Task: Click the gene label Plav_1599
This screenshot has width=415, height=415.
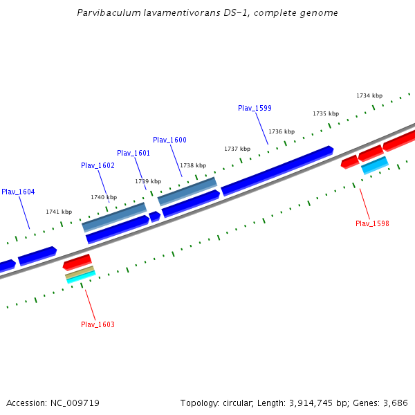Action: [x=255, y=108]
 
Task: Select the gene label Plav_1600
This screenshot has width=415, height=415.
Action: [x=169, y=140]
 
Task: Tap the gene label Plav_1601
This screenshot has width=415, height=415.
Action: [x=133, y=153]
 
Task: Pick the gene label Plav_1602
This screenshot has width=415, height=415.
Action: [x=98, y=165]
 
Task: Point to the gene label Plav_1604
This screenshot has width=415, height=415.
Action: [x=18, y=192]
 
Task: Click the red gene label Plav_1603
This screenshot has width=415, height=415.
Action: [x=98, y=324]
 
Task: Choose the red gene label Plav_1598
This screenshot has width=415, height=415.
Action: [x=372, y=223]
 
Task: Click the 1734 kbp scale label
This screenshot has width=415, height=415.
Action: [x=369, y=95]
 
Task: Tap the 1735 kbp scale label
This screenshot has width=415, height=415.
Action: [x=326, y=113]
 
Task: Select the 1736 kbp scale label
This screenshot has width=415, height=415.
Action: [x=282, y=131]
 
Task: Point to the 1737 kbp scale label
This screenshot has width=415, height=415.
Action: [x=237, y=149]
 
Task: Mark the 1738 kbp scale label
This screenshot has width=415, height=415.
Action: [x=193, y=165]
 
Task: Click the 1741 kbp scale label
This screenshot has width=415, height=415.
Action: [x=59, y=212]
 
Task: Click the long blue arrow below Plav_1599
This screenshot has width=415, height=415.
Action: [x=277, y=170]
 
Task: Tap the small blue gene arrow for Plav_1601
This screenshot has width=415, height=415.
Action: [x=154, y=216]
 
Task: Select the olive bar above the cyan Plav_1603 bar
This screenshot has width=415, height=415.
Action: [x=80, y=273]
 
